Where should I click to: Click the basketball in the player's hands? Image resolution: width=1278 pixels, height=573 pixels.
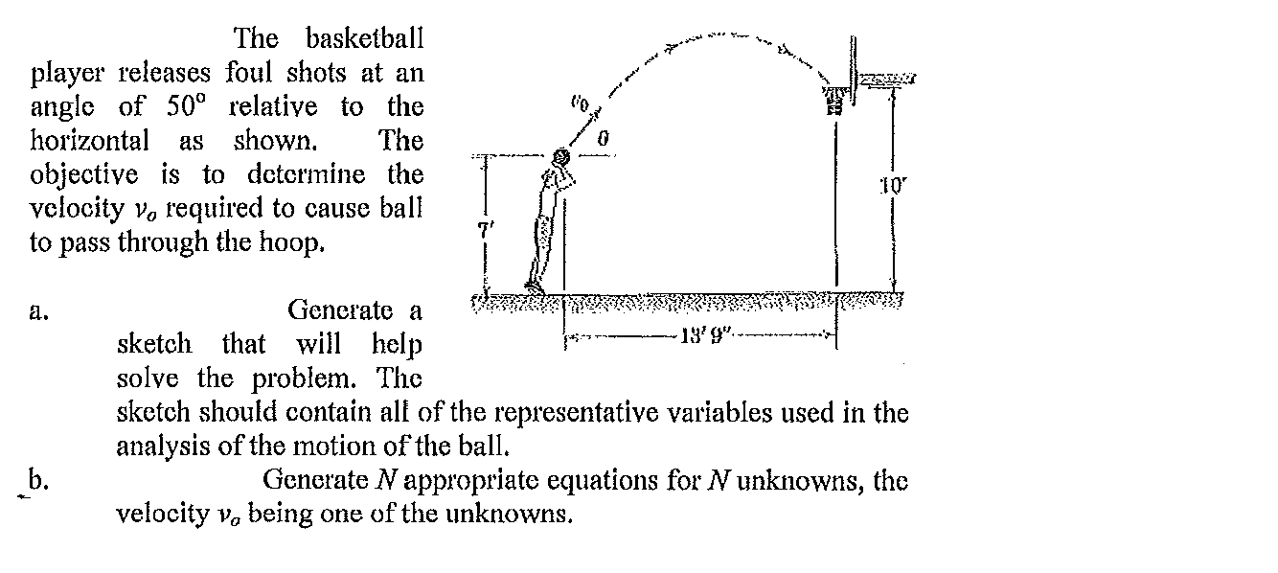[561, 156]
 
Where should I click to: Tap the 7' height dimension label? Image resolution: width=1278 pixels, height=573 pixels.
[483, 228]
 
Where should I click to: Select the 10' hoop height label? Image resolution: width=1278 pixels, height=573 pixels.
[894, 186]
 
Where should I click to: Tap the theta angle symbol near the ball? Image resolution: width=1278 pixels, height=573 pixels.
[603, 138]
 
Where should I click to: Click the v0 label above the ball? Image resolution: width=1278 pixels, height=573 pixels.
[579, 104]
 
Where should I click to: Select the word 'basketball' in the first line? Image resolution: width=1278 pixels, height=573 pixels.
[365, 38]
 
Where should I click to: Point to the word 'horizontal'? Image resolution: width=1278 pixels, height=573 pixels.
[89, 140]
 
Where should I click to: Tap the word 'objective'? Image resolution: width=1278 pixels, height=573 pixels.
[84, 175]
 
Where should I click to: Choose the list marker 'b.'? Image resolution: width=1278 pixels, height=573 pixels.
[38, 480]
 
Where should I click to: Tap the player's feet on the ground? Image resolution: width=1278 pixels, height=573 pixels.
[536, 287]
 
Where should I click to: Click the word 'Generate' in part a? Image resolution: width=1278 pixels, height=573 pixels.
[340, 310]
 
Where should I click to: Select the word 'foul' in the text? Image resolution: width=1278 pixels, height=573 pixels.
[249, 73]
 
